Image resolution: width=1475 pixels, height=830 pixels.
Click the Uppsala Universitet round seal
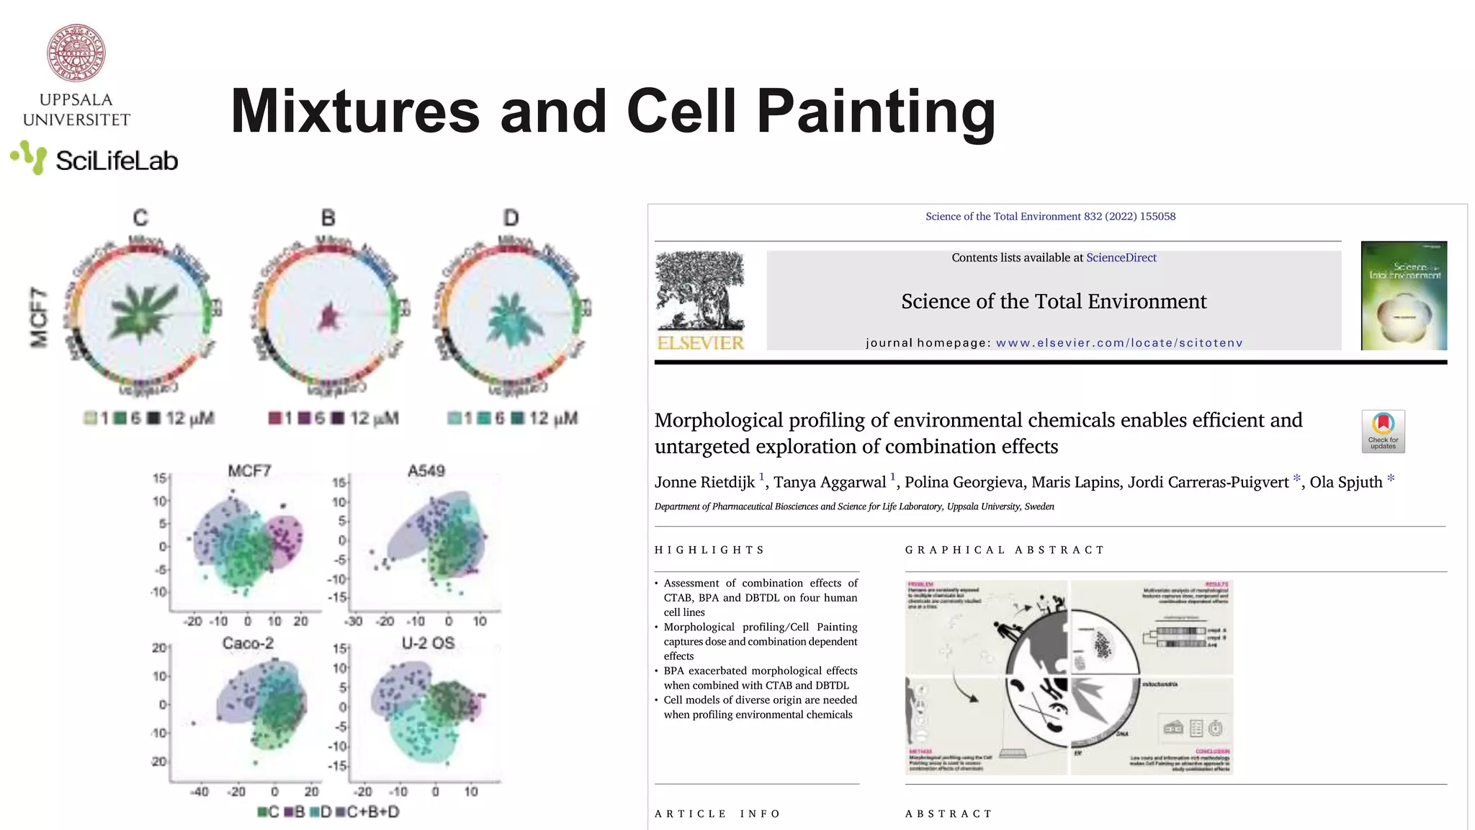76,53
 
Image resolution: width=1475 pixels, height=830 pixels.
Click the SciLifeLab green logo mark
29,157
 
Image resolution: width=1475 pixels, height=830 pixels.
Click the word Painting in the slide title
876,112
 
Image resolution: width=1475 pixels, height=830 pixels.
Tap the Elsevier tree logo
700,291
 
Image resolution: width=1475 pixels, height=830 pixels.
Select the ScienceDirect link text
1121,258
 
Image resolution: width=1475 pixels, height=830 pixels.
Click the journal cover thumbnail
1404,295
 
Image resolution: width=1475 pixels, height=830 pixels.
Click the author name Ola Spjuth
1345,482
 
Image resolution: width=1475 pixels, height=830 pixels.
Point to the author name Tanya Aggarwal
830,482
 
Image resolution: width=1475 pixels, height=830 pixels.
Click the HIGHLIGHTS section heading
709,550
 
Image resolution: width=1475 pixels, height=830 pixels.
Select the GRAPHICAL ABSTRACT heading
1004,550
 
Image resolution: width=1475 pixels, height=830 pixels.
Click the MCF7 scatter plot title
249,471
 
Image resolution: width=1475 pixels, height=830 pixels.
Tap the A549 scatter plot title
426,471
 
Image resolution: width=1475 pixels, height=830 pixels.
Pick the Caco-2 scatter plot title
248,643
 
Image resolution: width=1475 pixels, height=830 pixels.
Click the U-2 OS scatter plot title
428,643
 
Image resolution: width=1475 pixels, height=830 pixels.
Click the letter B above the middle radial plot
328,218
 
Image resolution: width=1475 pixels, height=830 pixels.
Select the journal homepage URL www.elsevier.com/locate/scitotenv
1119,343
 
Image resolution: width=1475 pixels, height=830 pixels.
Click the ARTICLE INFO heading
717,814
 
